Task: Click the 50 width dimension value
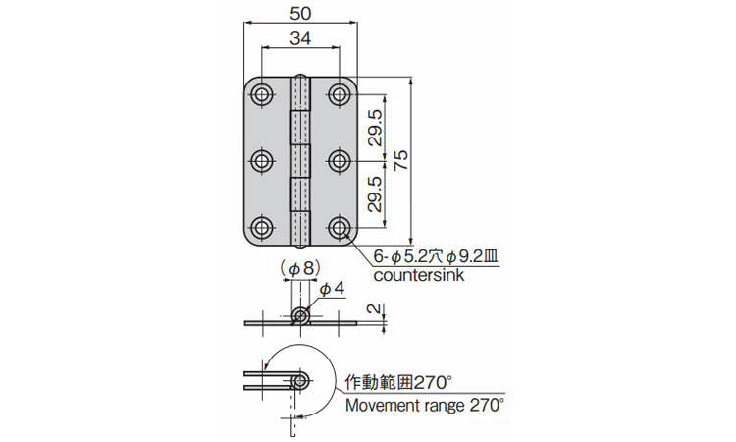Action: [300, 14]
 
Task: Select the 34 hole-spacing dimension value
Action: [300, 38]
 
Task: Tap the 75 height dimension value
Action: [401, 161]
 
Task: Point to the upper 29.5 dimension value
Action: [375, 128]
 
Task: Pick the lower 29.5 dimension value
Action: [375, 194]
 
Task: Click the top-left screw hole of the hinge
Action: [262, 95]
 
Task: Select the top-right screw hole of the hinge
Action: [339, 95]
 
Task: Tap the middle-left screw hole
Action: [262, 161]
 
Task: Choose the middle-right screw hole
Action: [339, 161]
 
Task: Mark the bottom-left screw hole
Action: [262, 228]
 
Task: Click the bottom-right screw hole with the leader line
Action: [339, 228]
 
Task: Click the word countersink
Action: [419, 275]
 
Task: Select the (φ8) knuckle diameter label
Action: [300, 269]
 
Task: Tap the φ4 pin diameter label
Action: [332, 289]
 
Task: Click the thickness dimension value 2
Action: [373, 308]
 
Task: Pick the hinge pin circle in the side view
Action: [300, 315]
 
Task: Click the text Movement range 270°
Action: [425, 405]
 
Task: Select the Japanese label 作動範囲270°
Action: [398, 382]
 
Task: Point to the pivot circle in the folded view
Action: [299, 381]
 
